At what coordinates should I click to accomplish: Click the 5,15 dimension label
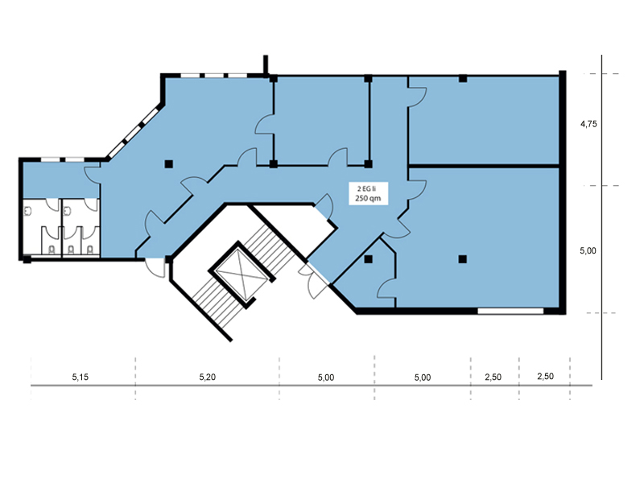(x=80, y=377)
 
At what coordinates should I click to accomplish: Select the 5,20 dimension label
(x=208, y=377)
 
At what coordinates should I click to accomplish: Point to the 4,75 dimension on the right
(x=588, y=124)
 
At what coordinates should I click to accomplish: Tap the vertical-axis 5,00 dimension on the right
(x=588, y=250)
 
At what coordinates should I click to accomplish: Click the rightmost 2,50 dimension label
(x=546, y=376)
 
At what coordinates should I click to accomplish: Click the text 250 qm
(x=368, y=198)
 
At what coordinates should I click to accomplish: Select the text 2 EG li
(x=367, y=189)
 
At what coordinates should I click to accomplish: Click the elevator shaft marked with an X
(x=241, y=275)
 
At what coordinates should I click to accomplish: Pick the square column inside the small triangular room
(x=368, y=259)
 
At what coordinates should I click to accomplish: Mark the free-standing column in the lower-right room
(x=462, y=259)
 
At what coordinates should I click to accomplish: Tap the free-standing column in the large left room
(x=168, y=164)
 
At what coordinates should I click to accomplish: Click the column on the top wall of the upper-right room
(x=463, y=78)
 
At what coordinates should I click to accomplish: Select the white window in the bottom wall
(x=510, y=311)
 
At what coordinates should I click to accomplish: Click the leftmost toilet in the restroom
(x=52, y=249)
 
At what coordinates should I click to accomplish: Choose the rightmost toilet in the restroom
(x=90, y=249)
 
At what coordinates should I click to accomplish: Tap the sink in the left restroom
(x=28, y=211)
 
